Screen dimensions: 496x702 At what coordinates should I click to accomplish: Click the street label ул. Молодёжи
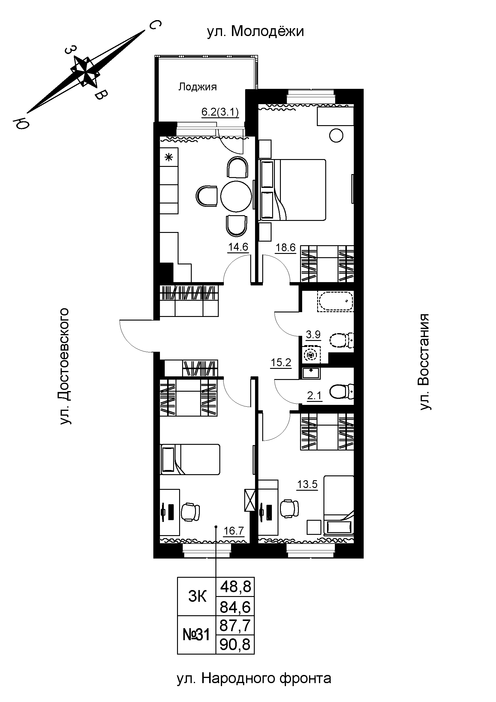click(255, 31)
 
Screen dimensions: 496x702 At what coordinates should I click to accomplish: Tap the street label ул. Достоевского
click(65, 366)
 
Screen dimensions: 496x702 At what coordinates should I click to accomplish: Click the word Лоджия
click(197, 87)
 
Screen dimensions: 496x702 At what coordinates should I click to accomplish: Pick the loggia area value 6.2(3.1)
click(220, 112)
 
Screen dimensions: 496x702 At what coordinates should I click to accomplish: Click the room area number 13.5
click(308, 484)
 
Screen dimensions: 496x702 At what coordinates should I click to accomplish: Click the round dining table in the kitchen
click(236, 196)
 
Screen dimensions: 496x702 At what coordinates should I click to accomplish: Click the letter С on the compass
click(155, 25)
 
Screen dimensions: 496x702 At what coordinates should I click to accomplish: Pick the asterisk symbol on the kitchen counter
click(169, 158)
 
